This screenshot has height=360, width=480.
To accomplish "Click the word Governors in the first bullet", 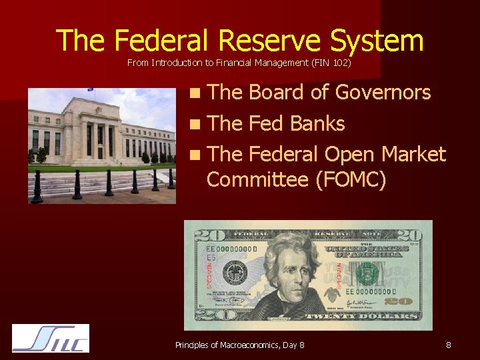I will click(x=383, y=92).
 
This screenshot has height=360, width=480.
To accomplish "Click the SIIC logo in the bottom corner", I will click(x=51, y=338).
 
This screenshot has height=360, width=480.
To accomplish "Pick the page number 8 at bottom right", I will click(x=449, y=345).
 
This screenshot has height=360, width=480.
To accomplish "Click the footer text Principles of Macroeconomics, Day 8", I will click(x=239, y=345).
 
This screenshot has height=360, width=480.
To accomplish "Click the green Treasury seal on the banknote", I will click(x=367, y=273).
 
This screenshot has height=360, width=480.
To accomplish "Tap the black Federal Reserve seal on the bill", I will click(x=235, y=273).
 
